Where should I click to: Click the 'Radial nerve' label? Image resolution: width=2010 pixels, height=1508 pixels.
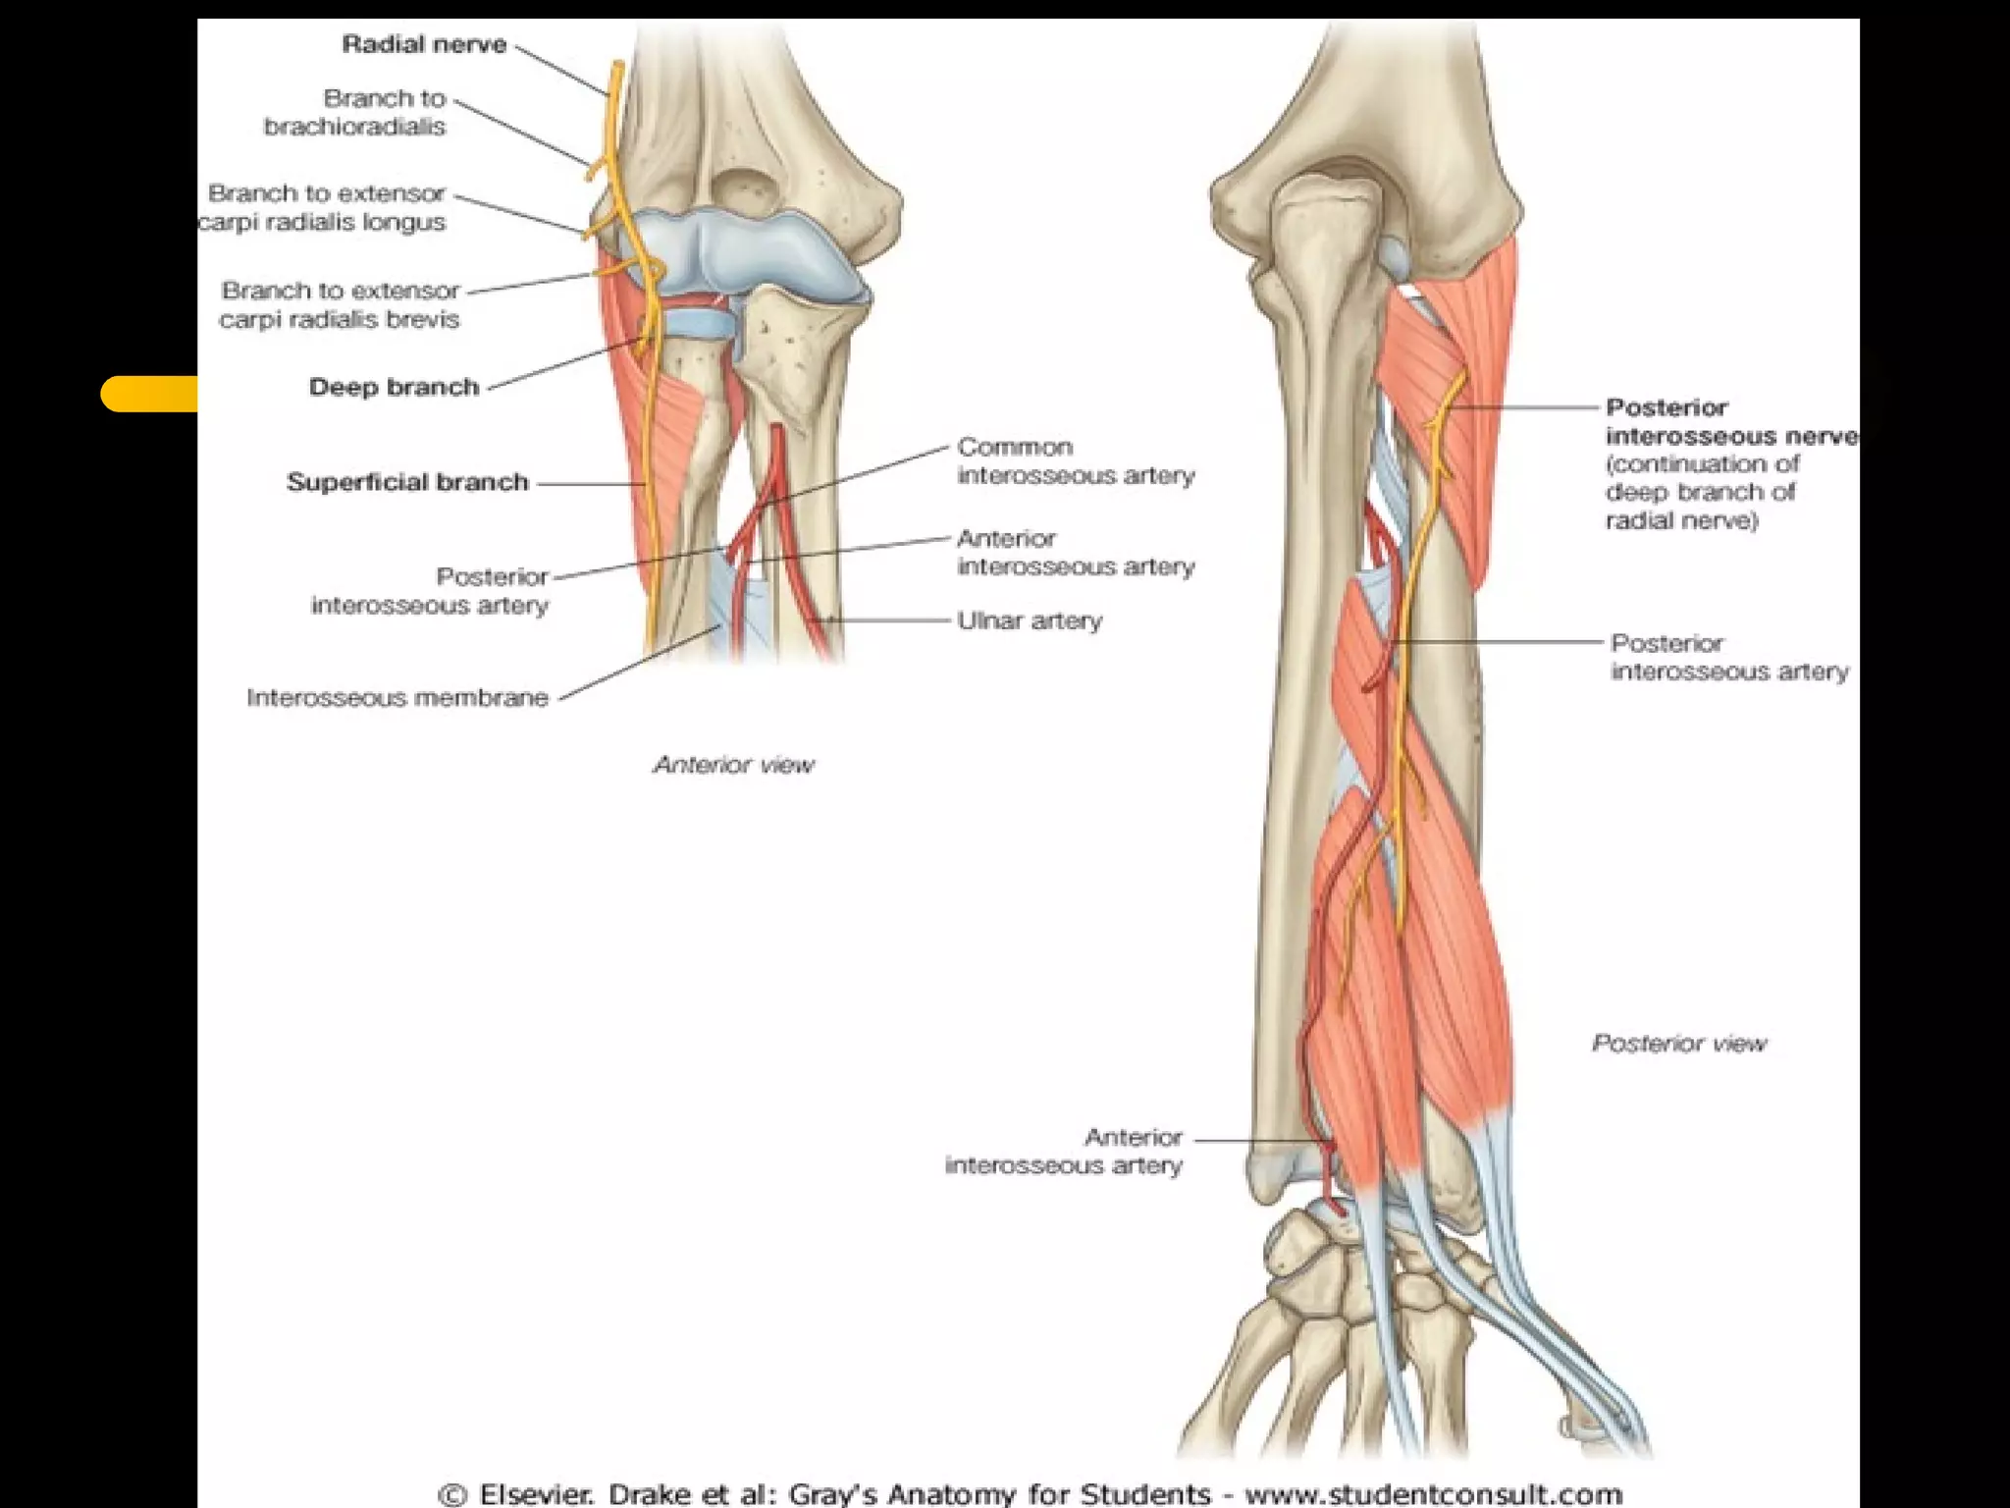point(424,44)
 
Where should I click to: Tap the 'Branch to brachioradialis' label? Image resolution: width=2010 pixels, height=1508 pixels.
point(355,112)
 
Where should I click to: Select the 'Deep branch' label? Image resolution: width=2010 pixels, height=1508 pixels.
point(394,387)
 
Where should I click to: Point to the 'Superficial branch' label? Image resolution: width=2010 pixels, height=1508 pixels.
point(407,482)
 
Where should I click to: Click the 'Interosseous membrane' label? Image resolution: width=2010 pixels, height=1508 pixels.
point(397,697)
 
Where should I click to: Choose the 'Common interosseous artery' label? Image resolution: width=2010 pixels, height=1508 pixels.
point(1076,460)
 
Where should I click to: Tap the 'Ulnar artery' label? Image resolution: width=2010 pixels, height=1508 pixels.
point(1030,620)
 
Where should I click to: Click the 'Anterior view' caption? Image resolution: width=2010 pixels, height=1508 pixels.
point(734,765)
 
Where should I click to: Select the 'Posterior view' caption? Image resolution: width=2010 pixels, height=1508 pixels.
point(1678,1043)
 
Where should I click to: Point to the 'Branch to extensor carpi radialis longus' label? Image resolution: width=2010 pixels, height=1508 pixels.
point(324,207)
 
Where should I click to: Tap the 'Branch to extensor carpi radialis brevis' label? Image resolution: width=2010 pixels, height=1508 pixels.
point(340,304)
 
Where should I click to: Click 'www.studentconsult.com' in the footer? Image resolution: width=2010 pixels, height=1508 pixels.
point(1433,1494)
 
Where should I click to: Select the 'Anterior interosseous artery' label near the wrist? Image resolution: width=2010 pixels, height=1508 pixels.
point(1064,1151)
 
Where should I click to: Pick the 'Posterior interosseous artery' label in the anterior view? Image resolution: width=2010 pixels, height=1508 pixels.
point(430,590)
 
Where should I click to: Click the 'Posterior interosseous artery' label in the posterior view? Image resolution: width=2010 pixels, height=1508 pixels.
point(1729,657)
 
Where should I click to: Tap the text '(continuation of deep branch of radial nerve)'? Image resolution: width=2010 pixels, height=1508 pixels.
point(1702,492)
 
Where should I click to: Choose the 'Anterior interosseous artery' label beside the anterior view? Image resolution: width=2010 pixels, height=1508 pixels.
point(1076,552)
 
